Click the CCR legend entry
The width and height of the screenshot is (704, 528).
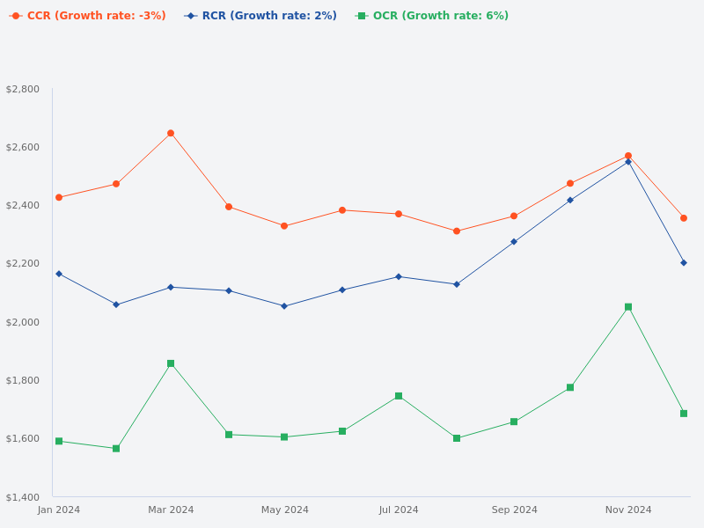(88, 16)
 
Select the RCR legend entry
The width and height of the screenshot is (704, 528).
(261, 16)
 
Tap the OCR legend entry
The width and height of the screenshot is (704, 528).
(432, 16)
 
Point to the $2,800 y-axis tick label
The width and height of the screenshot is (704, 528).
(23, 89)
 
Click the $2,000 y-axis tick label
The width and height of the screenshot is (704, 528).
(23, 322)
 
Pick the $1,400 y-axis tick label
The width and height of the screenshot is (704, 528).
(23, 497)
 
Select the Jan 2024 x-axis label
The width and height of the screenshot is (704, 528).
(59, 510)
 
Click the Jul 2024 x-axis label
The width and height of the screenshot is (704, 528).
(399, 510)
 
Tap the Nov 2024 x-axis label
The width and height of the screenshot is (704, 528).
(628, 510)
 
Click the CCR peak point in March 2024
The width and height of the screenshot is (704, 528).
(171, 134)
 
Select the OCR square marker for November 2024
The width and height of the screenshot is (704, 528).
(628, 307)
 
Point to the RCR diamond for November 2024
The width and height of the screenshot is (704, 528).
(628, 162)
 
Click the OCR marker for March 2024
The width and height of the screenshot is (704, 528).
(171, 363)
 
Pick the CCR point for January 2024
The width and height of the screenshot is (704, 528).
(59, 198)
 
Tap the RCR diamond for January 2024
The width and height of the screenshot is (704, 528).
(59, 274)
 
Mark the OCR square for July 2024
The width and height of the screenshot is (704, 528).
(399, 396)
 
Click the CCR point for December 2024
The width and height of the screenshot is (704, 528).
(684, 218)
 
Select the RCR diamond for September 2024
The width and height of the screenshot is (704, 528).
(514, 241)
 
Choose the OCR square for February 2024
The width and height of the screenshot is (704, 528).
(116, 449)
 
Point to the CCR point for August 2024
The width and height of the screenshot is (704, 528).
(457, 231)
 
